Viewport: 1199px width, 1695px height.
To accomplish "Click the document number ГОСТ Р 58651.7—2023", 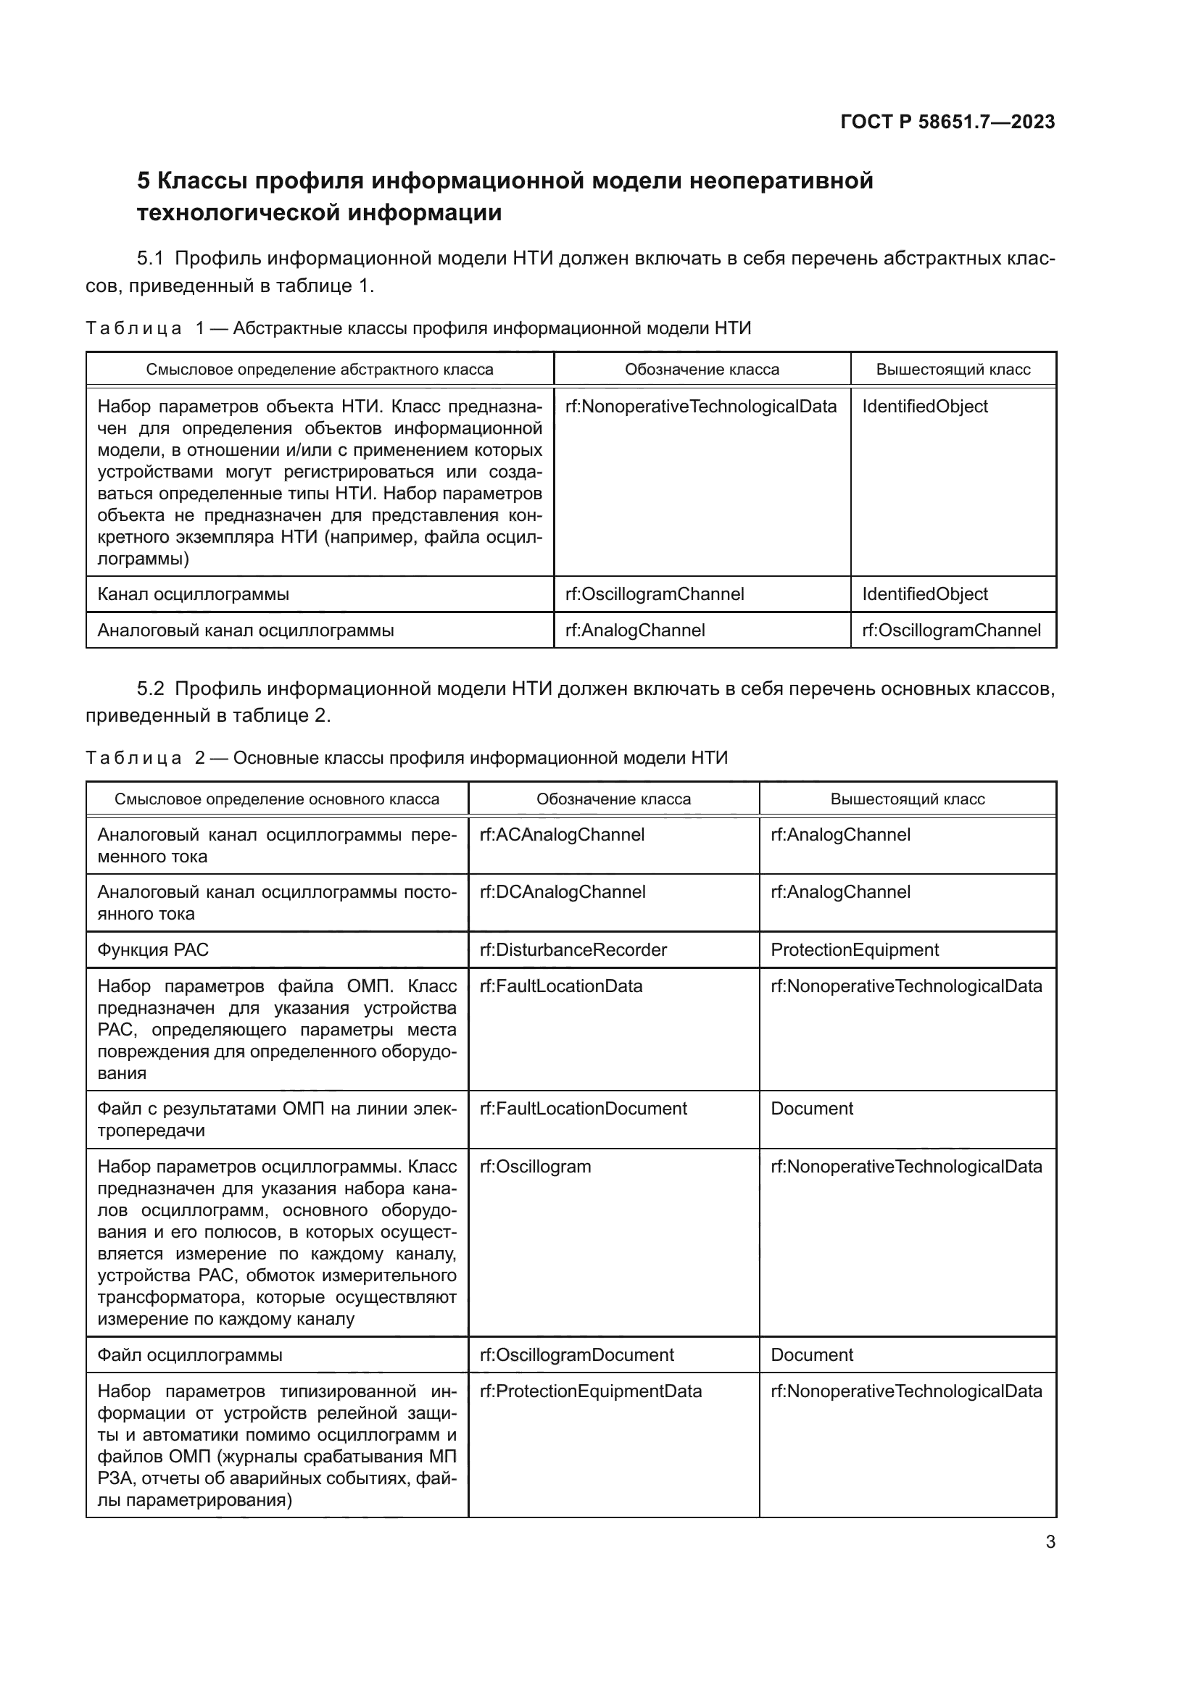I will pos(947,122).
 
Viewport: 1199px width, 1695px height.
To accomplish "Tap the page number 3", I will pos(1050,1541).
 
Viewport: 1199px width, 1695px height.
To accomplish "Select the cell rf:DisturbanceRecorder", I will pos(573,949).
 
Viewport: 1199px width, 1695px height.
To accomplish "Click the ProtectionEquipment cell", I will pos(854,949).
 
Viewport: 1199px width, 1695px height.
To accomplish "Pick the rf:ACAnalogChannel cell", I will pos(562,834).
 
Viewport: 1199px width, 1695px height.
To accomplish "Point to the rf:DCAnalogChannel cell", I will pos(563,892).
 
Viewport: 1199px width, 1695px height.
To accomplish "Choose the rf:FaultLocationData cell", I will pos(561,986).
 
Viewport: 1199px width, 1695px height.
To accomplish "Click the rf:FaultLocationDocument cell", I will pos(584,1108).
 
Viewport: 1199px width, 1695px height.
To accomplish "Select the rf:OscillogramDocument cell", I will pos(576,1354).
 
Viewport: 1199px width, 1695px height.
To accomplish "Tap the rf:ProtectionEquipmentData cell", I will pos(591,1391).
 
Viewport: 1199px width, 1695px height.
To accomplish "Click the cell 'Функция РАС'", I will pos(154,949).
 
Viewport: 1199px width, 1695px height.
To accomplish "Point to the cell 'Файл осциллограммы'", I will pos(190,1354).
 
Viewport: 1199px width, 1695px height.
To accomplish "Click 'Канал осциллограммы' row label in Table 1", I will pos(194,594).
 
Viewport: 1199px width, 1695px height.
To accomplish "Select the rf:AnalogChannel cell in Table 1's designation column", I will pos(635,630).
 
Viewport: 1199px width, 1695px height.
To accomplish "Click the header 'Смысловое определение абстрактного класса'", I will pos(319,369).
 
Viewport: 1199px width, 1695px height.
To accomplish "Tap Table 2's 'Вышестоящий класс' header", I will pos(908,799).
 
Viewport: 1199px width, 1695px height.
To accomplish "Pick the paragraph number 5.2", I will pos(150,688).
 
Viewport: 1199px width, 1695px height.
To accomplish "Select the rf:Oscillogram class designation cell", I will pos(535,1167).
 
